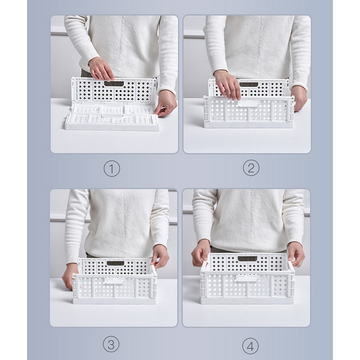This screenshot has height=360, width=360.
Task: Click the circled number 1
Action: pos(112,169)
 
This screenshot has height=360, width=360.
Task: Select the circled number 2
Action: pos(251,168)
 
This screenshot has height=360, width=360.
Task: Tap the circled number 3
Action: pos(111,344)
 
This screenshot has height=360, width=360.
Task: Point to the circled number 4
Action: pos(251,346)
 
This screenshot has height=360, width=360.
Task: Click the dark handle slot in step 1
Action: pos(114,84)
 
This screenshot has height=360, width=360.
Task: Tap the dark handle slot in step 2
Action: pos(249,85)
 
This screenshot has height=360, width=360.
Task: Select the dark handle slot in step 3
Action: pos(115,263)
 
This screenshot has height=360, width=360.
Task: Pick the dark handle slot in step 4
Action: pos(247,259)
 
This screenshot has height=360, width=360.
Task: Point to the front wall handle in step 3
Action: pos(114,280)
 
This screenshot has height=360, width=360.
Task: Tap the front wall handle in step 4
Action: pos(247,278)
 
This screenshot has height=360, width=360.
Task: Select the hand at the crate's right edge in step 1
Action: pos(165,104)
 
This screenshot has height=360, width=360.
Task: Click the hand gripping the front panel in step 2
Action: pos(227,85)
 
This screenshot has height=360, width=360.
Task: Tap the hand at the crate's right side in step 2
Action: pos(299,99)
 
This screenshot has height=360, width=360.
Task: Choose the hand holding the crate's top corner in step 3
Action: pos(160,256)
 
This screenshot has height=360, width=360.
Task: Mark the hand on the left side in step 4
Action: pos(201,253)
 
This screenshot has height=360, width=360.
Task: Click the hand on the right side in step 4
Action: pos(296,254)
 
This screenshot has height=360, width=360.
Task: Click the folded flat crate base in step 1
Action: pos(112,116)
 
